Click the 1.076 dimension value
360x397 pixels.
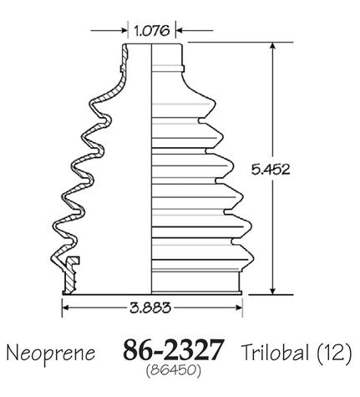pyautogui.click(x=152, y=30)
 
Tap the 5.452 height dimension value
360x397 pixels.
pyautogui.click(x=271, y=169)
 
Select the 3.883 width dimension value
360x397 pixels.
pyautogui.click(x=150, y=308)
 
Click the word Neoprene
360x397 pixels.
pyautogui.click(x=51, y=353)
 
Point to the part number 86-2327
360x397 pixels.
pyautogui.click(x=173, y=349)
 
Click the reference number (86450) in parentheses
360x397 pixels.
pyautogui.click(x=173, y=370)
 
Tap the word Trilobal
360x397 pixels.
pyautogui.click(x=275, y=352)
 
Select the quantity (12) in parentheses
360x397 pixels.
pyautogui.click(x=334, y=353)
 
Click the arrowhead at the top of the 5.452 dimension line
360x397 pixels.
pyautogui.click(x=273, y=46)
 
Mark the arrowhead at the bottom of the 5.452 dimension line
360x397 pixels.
pyautogui.click(x=273, y=290)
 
